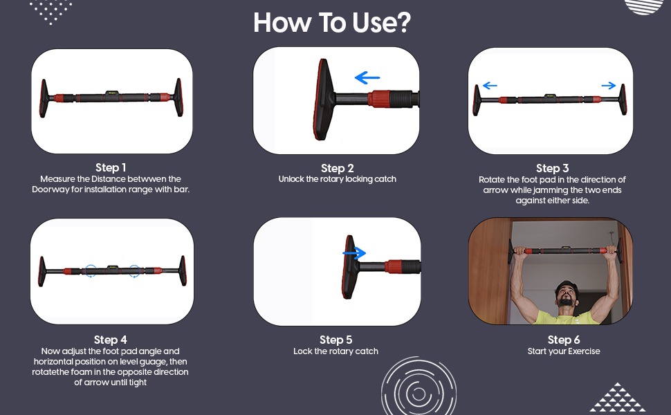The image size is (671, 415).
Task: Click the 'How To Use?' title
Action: click(332, 23)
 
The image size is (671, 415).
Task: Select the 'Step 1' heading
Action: click(111, 167)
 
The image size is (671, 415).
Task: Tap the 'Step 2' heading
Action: click(337, 168)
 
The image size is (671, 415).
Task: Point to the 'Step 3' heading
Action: click(553, 168)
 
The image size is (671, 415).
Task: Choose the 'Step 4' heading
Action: click(111, 340)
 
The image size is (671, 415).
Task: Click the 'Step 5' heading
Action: click(336, 340)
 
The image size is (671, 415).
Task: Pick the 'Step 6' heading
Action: click(564, 340)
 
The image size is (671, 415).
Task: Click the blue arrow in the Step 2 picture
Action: click(367, 77)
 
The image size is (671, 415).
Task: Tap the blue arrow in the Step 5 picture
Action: click(354, 253)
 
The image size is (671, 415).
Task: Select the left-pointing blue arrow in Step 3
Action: click(490, 86)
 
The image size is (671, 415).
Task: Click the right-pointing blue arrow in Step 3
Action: click(609, 86)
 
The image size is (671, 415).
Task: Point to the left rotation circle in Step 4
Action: click(91, 271)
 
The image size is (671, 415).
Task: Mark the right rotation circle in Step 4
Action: click(134, 271)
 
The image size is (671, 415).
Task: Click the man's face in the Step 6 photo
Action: click(566, 295)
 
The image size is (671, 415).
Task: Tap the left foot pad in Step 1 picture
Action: click(43, 98)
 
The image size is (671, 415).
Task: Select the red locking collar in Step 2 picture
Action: click(378, 99)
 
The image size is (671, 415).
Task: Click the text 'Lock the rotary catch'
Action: click(336, 351)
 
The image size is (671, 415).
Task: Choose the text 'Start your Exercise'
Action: click(564, 351)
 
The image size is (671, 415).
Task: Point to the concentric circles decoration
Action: click(419, 391)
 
